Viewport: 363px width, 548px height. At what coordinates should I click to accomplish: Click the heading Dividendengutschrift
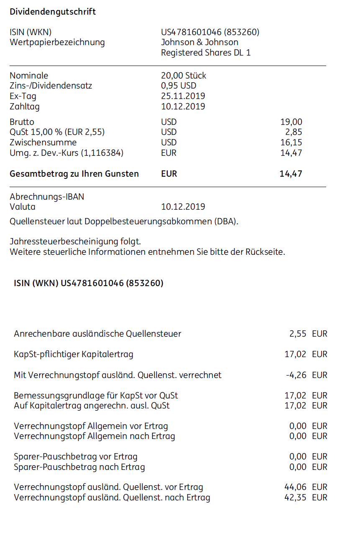tap(53, 12)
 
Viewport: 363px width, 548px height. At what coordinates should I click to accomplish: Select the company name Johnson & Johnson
tap(199, 42)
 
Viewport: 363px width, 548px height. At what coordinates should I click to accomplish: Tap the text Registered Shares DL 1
tap(206, 53)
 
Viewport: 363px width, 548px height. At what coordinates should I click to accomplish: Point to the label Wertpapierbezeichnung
tap(57, 42)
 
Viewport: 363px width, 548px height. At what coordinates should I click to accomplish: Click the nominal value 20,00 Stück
tap(184, 76)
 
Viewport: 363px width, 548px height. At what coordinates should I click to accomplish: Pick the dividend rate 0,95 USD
tap(179, 86)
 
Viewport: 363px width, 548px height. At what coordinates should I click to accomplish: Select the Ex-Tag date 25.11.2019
tap(183, 96)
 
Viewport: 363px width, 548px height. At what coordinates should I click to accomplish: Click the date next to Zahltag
tap(183, 107)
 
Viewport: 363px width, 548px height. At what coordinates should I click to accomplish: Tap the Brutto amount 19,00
tap(291, 122)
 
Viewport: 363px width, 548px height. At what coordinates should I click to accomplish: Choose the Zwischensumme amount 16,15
tap(291, 142)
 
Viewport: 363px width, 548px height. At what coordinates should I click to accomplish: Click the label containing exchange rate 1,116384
tap(66, 153)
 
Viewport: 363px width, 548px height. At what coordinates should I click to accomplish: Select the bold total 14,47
tap(291, 174)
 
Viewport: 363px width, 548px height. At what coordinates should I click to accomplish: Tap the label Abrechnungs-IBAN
tap(47, 197)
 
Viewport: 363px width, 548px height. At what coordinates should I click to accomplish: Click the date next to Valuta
tap(183, 207)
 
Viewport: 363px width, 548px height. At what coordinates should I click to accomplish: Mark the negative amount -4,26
tap(296, 375)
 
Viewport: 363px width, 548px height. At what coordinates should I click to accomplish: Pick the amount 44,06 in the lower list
tap(295, 487)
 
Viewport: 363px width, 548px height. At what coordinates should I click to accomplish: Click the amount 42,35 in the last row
tap(295, 497)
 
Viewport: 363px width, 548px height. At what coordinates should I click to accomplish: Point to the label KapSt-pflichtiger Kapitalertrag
tap(74, 355)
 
